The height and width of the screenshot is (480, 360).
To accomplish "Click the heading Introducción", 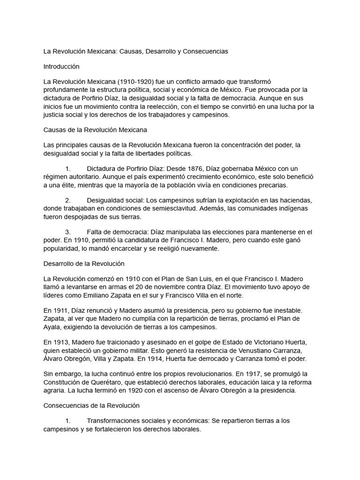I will (61, 67).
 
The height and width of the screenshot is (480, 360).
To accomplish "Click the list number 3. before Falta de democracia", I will (67, 232).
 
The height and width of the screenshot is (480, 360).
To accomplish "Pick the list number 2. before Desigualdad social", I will (67, 200).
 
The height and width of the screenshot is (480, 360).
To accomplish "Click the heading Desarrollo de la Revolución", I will (83, 263).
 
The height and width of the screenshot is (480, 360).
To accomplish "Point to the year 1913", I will (61, 342).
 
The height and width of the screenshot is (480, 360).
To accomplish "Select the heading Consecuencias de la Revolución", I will (91, 405).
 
